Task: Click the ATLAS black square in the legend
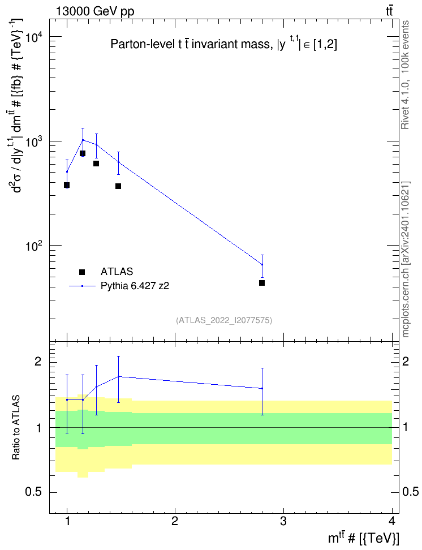[82, 272]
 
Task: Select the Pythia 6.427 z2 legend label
[135, 286]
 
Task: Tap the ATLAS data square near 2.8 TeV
[262, 283]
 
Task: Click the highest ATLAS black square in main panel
[83, 153]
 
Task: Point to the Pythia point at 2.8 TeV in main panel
[262, 264]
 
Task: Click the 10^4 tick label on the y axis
[33, 37]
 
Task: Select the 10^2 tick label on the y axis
[33, 246]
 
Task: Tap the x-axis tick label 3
[283, 521]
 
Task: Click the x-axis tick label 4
[392, 521]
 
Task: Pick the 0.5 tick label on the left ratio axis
[33, 492]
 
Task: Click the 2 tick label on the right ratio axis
[406, 362]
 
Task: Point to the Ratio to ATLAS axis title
[16, 428]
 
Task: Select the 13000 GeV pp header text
[96, 11]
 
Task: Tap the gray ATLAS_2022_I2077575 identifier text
[224, 320]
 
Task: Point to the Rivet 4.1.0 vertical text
[405, 75]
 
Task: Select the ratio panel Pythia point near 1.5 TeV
[119, 376]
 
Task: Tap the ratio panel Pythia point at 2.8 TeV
[262, 388]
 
